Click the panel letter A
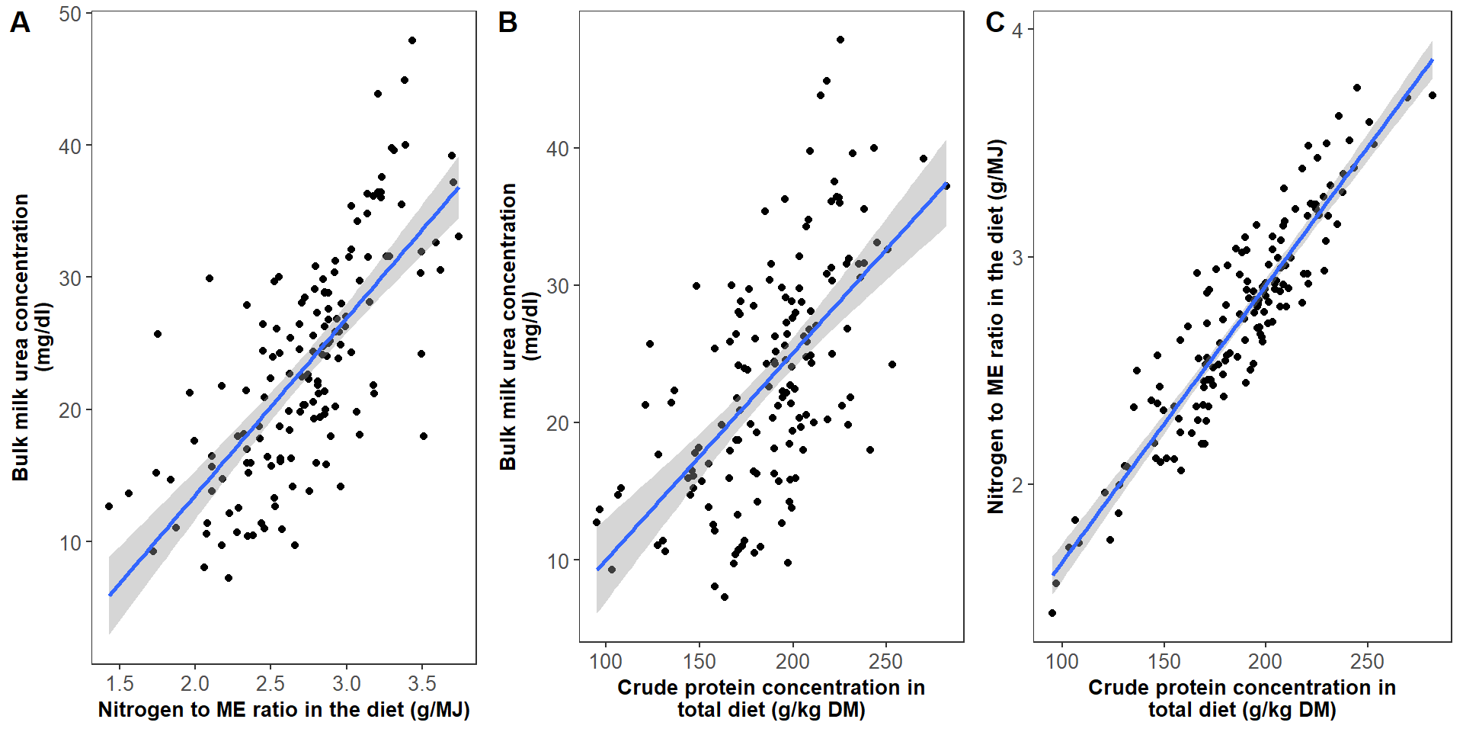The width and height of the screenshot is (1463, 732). pyautogui.click(x=20, y=23)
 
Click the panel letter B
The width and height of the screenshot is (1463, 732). pyautogui.click(x=507, y=23)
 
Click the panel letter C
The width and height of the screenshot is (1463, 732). pyautogui.click(x=994, y=22)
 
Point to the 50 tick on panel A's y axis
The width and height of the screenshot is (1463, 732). pyautogui.click(x=70, y=14)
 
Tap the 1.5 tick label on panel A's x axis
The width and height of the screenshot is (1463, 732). pyautogui.click(x=120, y=683)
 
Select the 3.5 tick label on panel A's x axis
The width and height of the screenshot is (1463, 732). pyautogui.click(x=422, y=683)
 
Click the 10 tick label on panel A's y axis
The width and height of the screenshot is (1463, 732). pyautogui.click(x=70, y=543)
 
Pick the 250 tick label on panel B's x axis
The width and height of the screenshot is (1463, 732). pyautogui.click(x=885, y=661)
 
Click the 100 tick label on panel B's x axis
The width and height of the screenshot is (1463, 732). pyautogui.click(x=606, y=661)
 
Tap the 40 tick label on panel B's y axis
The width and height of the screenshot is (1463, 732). pyautogui.click(x=558, y=149)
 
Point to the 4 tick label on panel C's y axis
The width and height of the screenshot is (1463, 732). pyautogui.click(x=1018, y=30)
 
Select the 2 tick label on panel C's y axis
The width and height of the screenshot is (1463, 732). pyautogui.click(x=1018, y=485)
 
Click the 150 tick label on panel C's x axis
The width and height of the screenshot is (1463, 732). pyautogui.click(x=1164, y=661)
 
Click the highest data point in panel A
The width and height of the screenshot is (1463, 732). pyautogui.click(x=412, y=40)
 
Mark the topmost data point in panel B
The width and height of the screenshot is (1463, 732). pyautogui.click(x=840, y=40)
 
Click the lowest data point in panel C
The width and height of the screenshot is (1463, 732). pyautogui.click(x=1052, y=613)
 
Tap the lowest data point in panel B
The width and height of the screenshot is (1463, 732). pyautogui.click(x=725, y=597)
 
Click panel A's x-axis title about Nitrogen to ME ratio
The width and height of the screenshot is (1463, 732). pyautogui.click(x=283, y=710)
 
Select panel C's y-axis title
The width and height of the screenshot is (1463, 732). pyautogui.click(x=996, y=326)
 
